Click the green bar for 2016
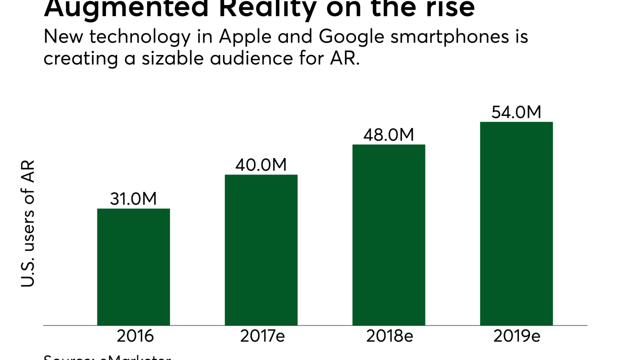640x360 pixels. [x=133, y=267]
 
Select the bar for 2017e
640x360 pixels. [x=261, y=250]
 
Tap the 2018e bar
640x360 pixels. [x=388, y=235]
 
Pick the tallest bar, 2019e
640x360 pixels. [x=516, y=223]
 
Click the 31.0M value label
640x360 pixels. [x=133, y=199]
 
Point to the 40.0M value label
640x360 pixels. [x=261, y=165]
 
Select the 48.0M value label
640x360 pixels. [x=388, y=135]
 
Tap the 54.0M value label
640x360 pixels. [x=516, y=112]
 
